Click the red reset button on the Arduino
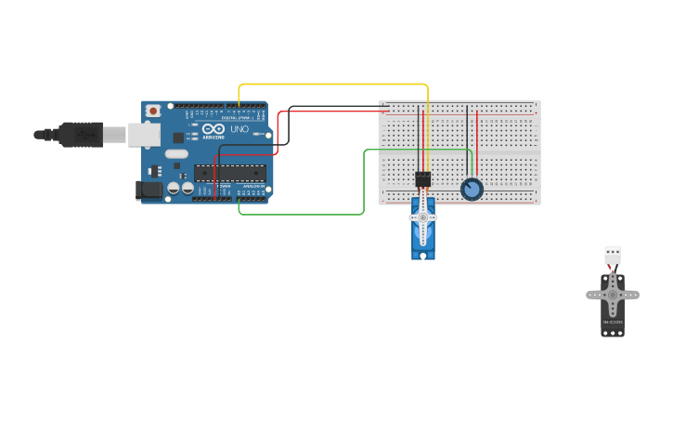tap(153, 111)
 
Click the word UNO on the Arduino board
tap(239, 129)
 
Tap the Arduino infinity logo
tap(214, 129)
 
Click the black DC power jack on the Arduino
tap(149, 190)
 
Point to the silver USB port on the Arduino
tap(143, 135)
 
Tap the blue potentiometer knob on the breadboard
tap(472, 190)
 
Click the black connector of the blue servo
tap(422, 179)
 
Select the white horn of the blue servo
tap(422, 217)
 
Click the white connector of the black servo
tap(613, 254)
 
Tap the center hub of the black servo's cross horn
tap(613, 295)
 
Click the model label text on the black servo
tap(613, 322)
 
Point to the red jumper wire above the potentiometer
tap(477, 139)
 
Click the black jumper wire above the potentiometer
tap(468, 139)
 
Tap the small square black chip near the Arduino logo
tap(178, 138)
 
